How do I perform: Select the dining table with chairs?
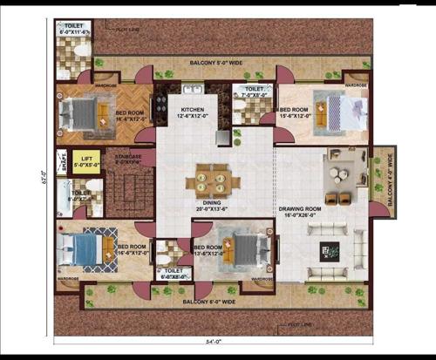point(211,180)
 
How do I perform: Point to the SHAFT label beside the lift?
point(61,162)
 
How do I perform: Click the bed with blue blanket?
point(85,248)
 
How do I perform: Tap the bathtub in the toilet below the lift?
point(65,194)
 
